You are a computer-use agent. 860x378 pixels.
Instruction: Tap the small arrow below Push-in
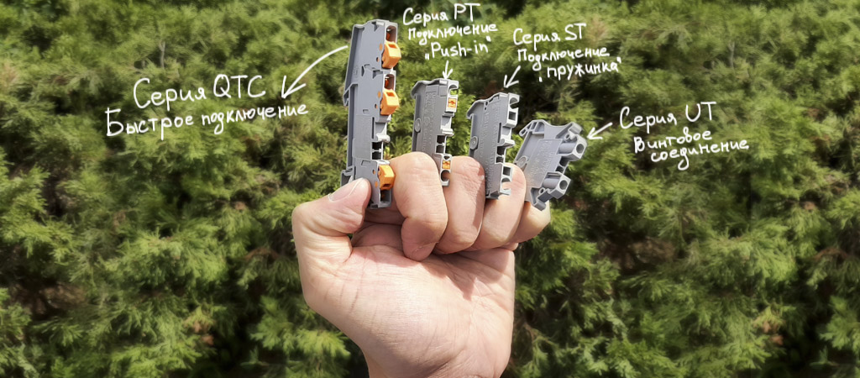point(447,70)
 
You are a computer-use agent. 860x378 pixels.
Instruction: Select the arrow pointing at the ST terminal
point(511,76)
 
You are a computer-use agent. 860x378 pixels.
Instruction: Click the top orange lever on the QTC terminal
point(391,53)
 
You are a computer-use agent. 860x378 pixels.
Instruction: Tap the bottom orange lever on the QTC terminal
point(386,176)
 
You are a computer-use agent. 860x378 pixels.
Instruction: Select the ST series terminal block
point(492,143)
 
